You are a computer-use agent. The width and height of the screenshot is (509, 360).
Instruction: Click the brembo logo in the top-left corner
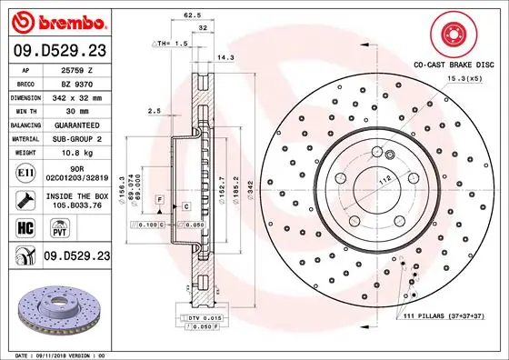(x=55, y=21)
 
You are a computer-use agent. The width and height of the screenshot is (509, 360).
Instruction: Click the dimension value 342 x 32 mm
(x=76, y=97)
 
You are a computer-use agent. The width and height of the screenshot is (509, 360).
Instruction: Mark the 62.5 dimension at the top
(x=192, y=15)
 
